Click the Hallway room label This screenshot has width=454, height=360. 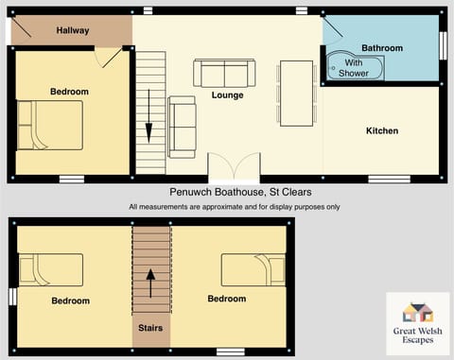(x=72, y=30)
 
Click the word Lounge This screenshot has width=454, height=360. (x=227, y=95)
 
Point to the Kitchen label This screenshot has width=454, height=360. (x=382, y=130)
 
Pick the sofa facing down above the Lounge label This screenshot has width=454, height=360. (x=223, y=72)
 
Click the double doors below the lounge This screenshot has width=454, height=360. (x=228, y=165)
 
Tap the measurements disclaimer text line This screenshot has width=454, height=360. (x=234, y=207)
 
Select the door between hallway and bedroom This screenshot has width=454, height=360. (x=111, y=58)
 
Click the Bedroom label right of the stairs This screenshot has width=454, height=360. (x=226, y=300)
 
